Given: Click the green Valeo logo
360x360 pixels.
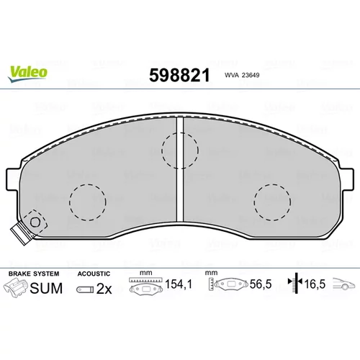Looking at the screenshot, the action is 27,73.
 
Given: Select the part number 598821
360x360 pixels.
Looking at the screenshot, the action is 179,76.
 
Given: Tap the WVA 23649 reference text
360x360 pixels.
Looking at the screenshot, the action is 242,75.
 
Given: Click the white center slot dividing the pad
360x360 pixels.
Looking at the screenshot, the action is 180,169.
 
